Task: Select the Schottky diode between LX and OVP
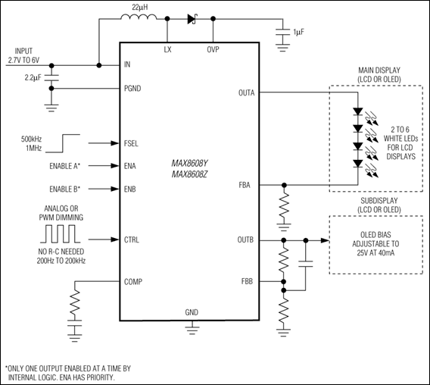193,20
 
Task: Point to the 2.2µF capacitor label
33,77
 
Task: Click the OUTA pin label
246,93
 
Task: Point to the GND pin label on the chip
192,312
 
